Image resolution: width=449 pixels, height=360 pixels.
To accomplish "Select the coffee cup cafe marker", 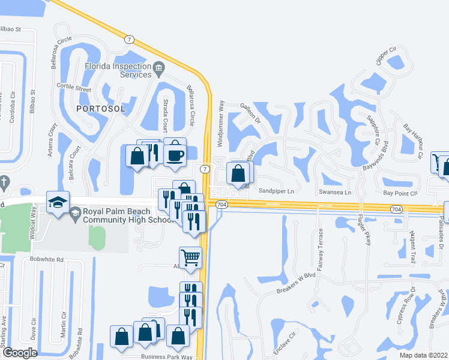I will click(x=175, y=154).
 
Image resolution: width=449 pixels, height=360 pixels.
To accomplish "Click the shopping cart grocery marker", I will click(x=190, y=258).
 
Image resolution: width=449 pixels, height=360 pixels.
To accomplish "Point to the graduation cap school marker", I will click(x=58, y=203).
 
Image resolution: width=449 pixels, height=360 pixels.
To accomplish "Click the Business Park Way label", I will click(x=166, y=356).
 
